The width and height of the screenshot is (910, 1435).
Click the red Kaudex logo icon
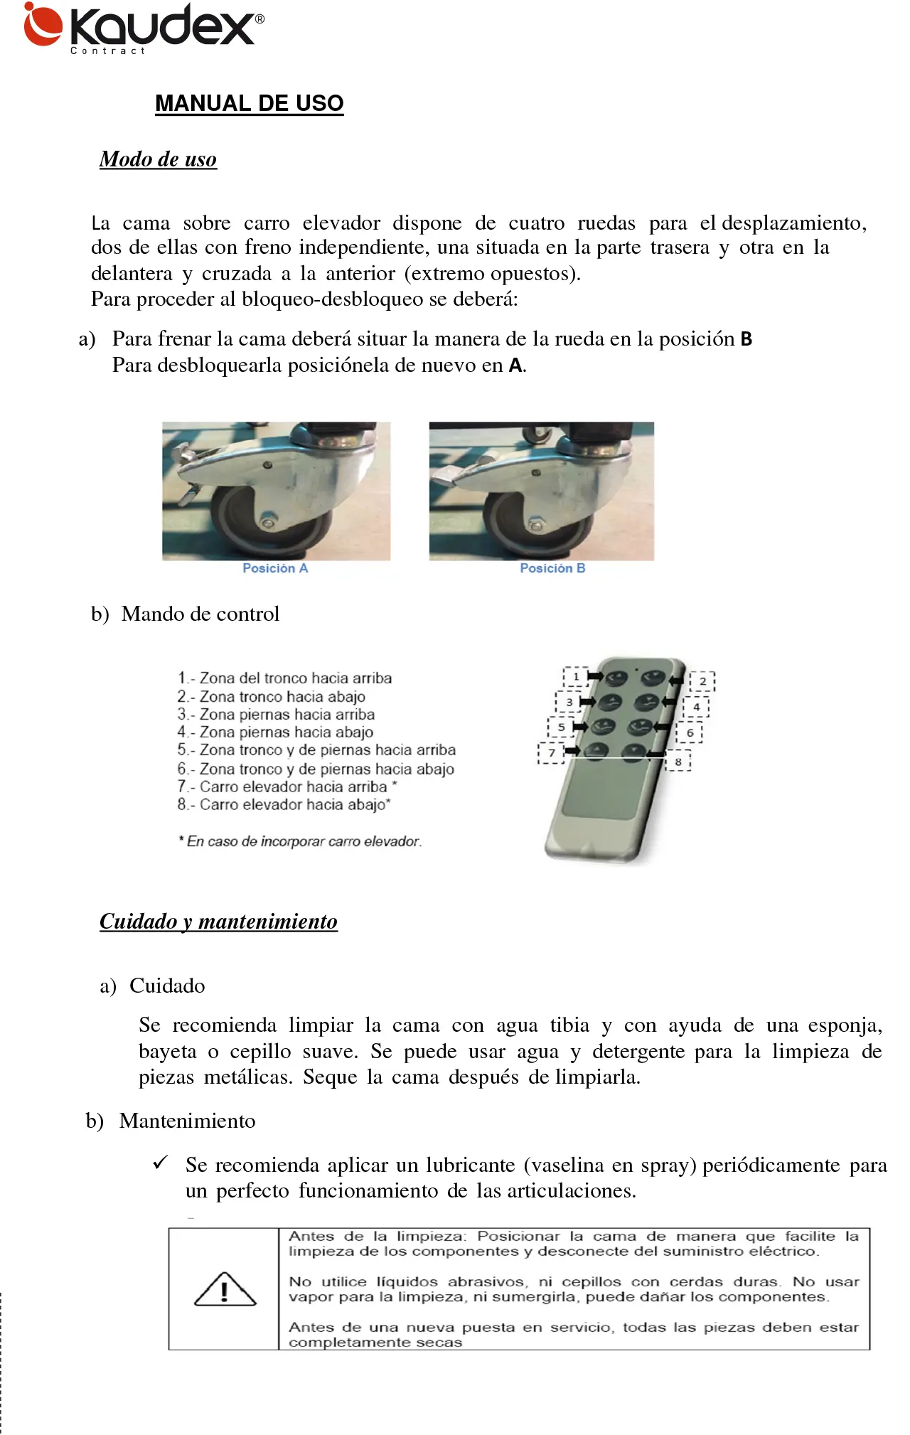coord(42,25)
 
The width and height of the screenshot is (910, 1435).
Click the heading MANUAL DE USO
coord(249,104)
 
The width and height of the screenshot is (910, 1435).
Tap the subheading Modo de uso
coord(158,159)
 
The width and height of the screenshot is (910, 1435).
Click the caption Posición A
coord(275,568)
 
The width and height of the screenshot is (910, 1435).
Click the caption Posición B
coord(552,568)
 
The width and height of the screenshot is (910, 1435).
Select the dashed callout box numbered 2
coord(702,681)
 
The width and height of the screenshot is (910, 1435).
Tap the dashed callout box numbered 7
coord(551,752)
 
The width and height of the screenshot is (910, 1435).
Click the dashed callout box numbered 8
coord(678,762)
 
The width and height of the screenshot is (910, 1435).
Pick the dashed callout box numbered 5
coord(560,727)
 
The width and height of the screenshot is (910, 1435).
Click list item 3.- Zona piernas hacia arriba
coord(276,714)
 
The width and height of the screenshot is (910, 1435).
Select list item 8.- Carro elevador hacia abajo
coord(284,804)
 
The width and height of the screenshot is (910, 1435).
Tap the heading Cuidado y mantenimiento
coord(218,922)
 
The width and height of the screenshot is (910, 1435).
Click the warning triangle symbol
coord(225,1289)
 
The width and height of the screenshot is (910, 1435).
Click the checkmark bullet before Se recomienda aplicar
coord(160,1163)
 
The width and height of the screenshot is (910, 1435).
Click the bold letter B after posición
coord(746,339)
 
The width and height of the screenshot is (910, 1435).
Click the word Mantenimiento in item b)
coord(187,1121)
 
